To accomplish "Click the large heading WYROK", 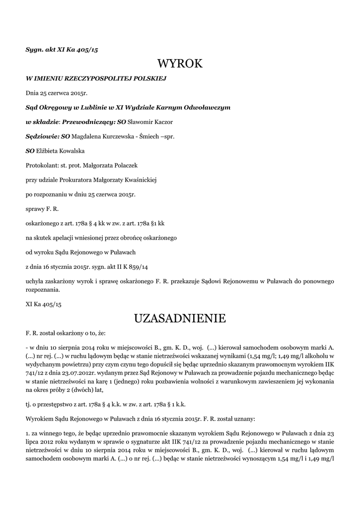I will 180,63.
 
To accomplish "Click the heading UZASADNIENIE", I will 180,317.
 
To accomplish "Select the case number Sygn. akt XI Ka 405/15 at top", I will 62,50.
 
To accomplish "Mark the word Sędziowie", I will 42,135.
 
